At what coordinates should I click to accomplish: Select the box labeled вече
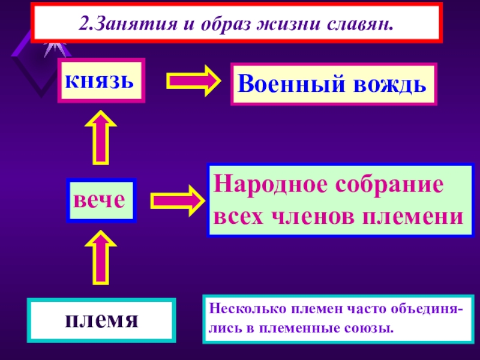(x=101, y=200)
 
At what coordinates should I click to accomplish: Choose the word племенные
(x=298, y=329)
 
